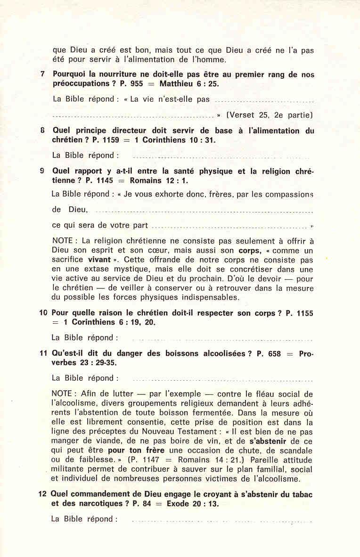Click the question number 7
[x=43, y=74]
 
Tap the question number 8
[x=43, y=131]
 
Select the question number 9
[x=42, y=172]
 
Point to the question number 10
[x=43, y=313]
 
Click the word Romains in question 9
[x=147, y=180]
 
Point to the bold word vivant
[x=99, y=260]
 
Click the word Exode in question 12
[x=170, y=503]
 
